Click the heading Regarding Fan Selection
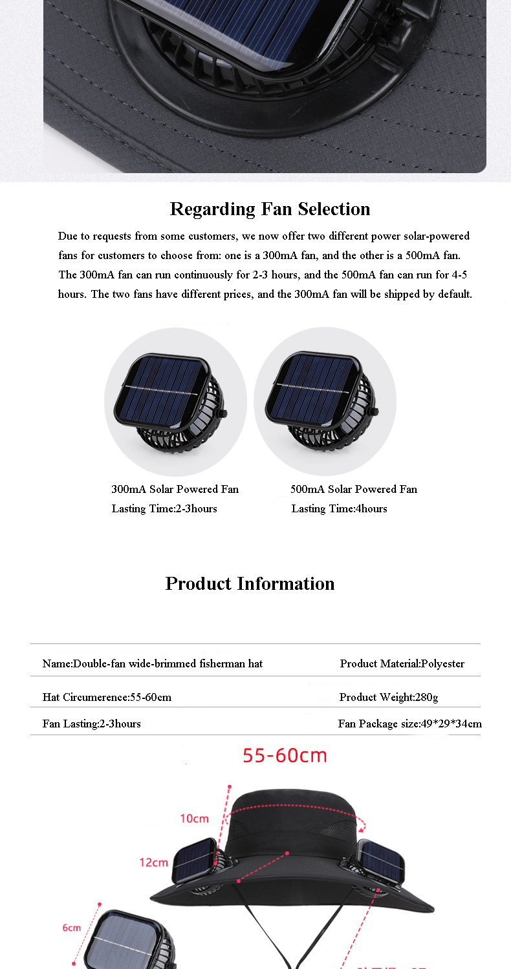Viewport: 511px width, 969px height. [270, 209]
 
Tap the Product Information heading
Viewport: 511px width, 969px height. [250, 583]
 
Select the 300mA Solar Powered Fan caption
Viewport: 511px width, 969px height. [175, 489]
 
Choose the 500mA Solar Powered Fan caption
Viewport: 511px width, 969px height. [354, 489]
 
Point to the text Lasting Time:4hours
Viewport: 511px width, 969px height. [339, 508]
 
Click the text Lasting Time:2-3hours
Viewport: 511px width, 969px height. [164, 508]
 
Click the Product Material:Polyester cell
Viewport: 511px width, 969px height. [402, 663]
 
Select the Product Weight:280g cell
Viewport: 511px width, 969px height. [388, 697]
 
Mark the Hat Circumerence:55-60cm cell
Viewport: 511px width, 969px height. [107, 697]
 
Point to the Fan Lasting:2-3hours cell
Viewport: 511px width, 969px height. [91, 724]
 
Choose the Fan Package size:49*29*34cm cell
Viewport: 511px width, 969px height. [409, 724]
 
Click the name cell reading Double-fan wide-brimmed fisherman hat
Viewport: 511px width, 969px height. [153, 663]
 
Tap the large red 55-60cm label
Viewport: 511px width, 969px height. [285, 755]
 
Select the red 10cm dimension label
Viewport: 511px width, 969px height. [194, 818]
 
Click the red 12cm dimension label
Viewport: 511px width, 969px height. [153, 862]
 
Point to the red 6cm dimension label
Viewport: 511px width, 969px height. [72, 928]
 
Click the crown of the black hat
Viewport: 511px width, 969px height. [291, 820]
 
